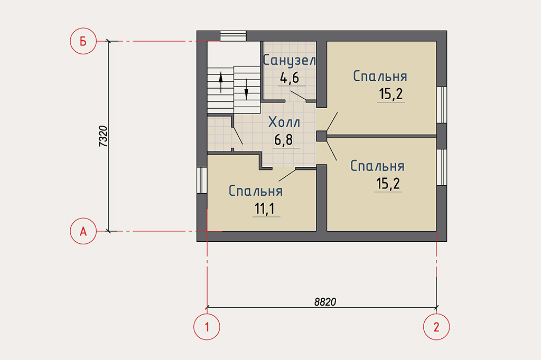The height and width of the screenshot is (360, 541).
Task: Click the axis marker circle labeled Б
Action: pyautogui.click(x=83, y=41)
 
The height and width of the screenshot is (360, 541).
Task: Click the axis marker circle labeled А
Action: pyautogui.click(x=83, y=231)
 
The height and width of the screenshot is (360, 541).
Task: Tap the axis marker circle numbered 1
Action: pyautogui.click(x=207, y=327)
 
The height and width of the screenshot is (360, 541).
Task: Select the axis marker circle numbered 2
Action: pyautogui.click(x=436, y=327)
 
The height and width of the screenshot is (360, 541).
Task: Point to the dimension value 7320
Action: pyautogui.click(x=104, y=136)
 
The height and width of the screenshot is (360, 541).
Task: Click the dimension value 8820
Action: pyautogui.click(x=325, y=302)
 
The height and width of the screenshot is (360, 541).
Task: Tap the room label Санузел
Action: pyautogui.click(x=289, y=60)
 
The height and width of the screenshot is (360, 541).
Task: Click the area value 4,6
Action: pyautogui.click(x=290, y=78)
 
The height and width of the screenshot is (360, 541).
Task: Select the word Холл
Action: pyautogui.click(x=284, y=122)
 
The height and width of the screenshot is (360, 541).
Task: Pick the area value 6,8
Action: pyautogui.click(x=284, y=140)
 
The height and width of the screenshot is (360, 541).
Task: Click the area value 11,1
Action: pyautogui.click(x=264, y=209)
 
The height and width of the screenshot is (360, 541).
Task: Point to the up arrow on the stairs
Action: pyautogui.click(x=221, y=82)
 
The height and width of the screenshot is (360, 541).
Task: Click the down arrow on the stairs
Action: pyautogui.click(x=246, y=89)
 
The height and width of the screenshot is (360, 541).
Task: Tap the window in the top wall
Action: pyautogui.click(x=233, y=36)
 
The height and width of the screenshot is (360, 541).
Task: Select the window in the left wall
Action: pyautogui.click(x=202, y=180)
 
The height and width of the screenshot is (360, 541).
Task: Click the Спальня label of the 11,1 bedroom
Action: pyautogui.click(x=256, y=191)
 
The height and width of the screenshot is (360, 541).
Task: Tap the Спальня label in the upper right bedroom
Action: pyautogui.click(x=380, y=76)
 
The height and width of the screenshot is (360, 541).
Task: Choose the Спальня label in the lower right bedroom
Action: pyautogui.click(x=377, y=166)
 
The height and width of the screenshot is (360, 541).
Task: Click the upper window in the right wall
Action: pyautogui.click(x=442, y=105)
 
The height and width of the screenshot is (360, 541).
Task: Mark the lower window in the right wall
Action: pyautogui.click(x=442, y=167)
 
